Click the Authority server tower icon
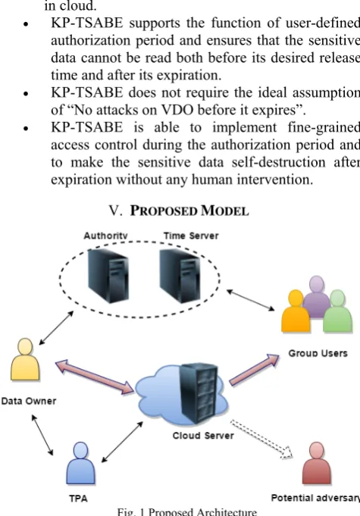click(108, 276)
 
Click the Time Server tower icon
click(180, 276)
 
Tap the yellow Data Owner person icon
click(25, 359)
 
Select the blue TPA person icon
click(80, 463)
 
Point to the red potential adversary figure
click(317, 463)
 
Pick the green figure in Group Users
click(337, 311)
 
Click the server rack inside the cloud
click(200, 392)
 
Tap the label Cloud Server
click(203, 436)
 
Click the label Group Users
click(318, 353)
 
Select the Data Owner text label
click(29, 401)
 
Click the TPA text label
click(78, 499)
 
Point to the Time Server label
click(191, 236)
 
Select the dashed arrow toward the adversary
click(261, 439)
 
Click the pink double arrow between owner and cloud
click(95, 377)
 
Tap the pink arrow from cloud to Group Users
click(254, 369)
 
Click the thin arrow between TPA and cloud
click(122, 442)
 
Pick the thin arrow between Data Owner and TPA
click(42, 435)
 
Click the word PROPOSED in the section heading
click(163, 211)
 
